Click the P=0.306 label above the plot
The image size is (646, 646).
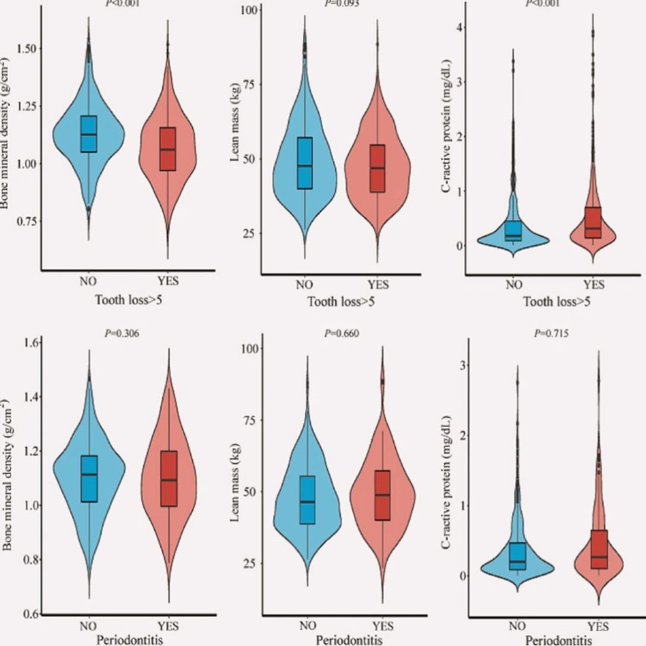(x=122, y=333)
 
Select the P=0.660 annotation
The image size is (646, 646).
(x=342, y=333)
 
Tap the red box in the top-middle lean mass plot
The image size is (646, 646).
(x=377, y=168)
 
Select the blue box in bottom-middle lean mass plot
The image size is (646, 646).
(x=307, y=500)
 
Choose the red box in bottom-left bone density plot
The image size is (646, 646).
(x=169, y=478)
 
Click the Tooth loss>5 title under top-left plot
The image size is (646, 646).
(x=129, y=300)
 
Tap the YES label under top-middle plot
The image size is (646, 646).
(x=377, y=285)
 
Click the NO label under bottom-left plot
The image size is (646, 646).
(x=88, y=625)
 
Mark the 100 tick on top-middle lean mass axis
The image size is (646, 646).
(x=248, y=11)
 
